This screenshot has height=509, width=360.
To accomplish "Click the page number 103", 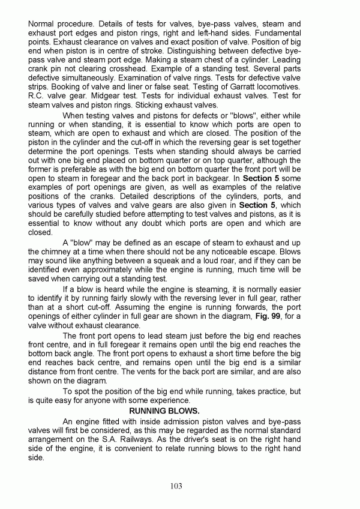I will pyautogui.click(x=176, y=486).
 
